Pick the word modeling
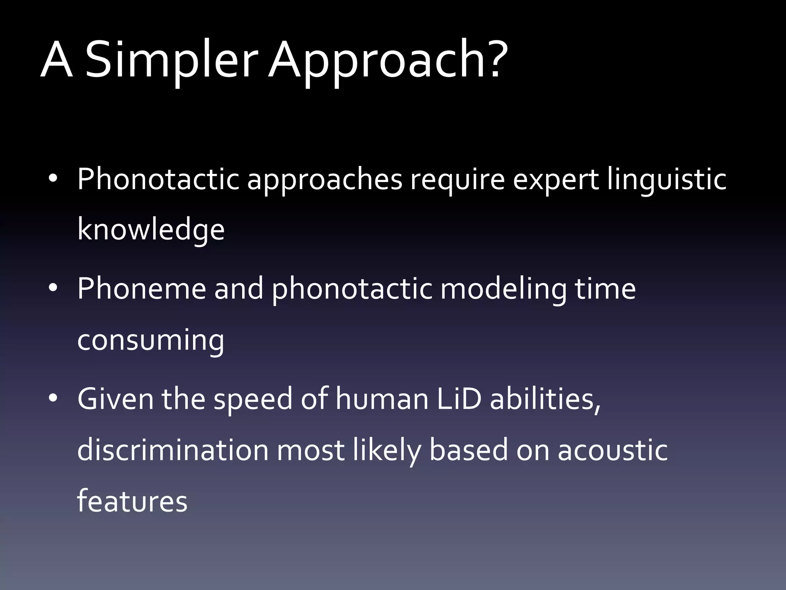pyautogui.click(x=503, y=289)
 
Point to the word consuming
pyautogui.click(x=151, y=340)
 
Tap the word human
pyautogui.click(x=382, y=398)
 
